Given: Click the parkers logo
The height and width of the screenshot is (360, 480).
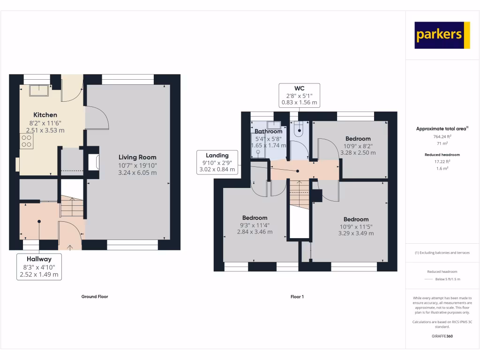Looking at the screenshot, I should tap(442, 35).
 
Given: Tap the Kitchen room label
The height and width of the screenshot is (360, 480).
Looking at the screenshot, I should tap(45, 115).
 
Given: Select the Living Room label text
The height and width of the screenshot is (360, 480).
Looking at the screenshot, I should tap(137, 157).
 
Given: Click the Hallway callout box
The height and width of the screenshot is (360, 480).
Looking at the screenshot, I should tap(39, 267).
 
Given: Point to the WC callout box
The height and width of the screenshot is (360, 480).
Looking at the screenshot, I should tap(299, 95).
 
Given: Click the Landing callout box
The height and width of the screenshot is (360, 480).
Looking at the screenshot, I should tap(217, 162).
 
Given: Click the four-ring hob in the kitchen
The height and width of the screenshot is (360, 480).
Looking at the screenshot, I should tap(26, 141).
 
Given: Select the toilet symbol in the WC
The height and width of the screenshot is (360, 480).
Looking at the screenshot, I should tap(299, 129).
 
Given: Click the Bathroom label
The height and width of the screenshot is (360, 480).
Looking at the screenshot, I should tap(269, 131).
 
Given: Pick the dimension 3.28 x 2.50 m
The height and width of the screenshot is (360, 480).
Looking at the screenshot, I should tap(358, 153).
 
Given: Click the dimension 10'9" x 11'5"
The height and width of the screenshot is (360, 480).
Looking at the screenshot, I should tap(356, 226).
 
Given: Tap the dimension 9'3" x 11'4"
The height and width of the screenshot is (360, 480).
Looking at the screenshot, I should tap(255, 225).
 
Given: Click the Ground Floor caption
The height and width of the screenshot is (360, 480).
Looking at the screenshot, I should tap(95, 297).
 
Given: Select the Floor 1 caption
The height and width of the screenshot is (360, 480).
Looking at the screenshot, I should tap(297, 297).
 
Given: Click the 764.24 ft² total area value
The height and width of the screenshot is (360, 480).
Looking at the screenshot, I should tap(442, 137).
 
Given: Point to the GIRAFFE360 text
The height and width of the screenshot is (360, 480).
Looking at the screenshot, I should tap(442, 336).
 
